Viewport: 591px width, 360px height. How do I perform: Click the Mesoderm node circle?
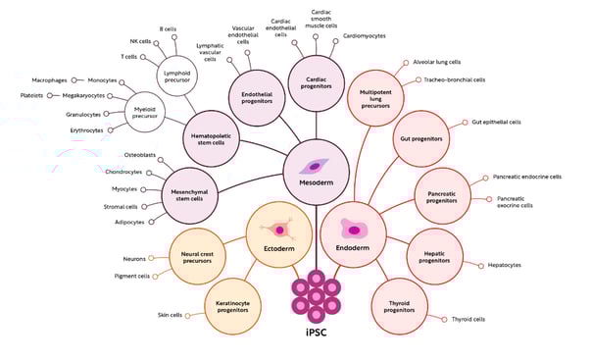(x=317, y=173)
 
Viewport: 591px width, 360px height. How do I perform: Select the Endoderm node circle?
(x=354, y=232)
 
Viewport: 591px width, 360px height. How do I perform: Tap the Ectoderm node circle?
(x=278, y=233)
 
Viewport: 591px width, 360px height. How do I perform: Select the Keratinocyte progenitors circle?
(x=234, y=298)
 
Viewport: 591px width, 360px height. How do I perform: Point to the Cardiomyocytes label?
(x=364, y=35)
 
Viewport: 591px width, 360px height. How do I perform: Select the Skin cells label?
(x=171, y=315)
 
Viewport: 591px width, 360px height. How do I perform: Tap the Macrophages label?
(x=49, y=79)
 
